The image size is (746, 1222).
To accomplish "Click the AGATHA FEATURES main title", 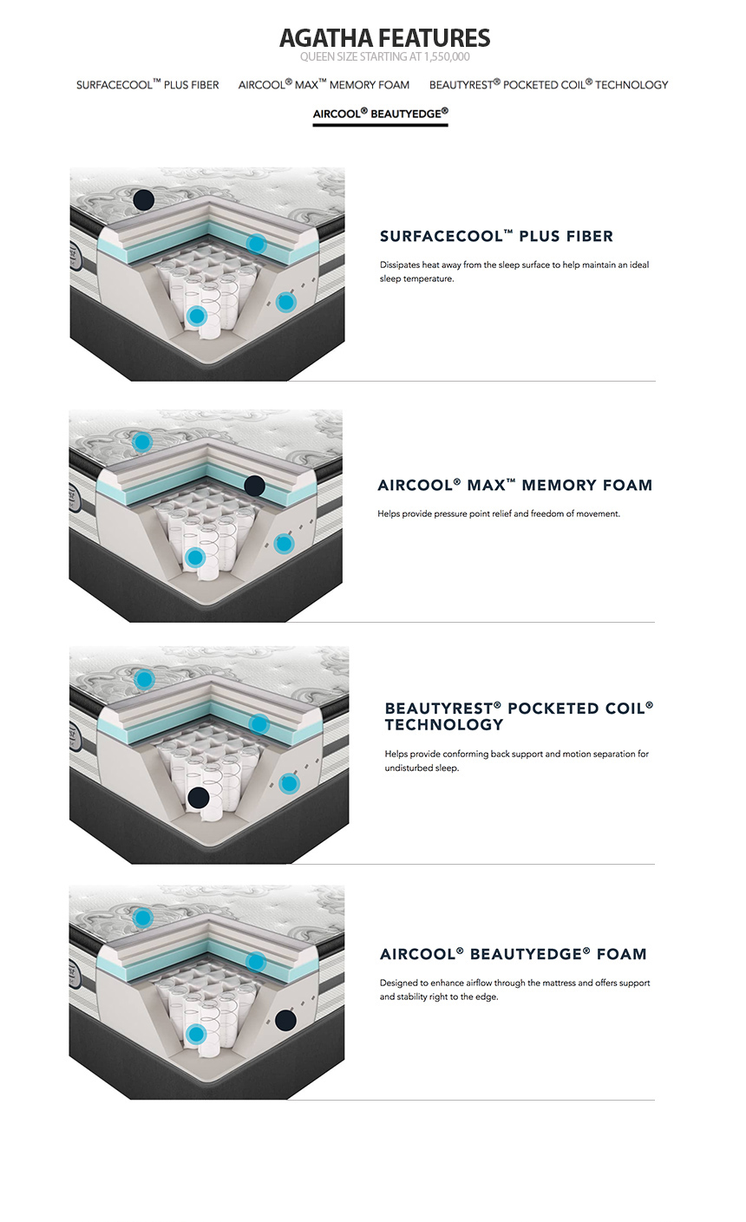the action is (385, 37).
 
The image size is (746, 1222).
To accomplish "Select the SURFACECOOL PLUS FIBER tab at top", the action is (147, 84).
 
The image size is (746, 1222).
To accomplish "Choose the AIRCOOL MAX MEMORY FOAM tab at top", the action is (324, 84).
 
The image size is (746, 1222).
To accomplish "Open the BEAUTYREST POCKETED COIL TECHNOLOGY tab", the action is (548, 84).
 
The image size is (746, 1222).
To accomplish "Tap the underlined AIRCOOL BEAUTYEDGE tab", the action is (380, 114).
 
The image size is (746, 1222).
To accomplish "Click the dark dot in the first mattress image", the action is (143, 199).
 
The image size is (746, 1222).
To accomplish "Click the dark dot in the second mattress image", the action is (254, 485).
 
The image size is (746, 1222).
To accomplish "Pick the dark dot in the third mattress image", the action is (198, 798).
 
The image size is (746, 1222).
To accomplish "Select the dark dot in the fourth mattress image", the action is (285, 1020).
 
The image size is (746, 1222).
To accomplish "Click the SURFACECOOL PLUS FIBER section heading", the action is (496, 236).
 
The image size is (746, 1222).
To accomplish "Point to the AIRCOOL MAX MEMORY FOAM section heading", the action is (515, 485).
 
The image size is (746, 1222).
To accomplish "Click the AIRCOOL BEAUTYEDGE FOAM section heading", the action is (513, 954).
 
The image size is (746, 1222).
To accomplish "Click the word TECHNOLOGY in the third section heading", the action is (444, 724).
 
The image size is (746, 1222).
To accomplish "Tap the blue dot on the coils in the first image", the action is (196, 316).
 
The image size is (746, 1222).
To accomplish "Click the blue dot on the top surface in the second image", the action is (142, 441).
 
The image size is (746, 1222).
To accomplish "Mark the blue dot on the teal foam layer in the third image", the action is (258, 724).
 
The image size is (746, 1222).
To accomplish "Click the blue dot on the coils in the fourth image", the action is (195, 1033).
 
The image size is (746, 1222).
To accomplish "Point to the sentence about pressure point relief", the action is (499, 513).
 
